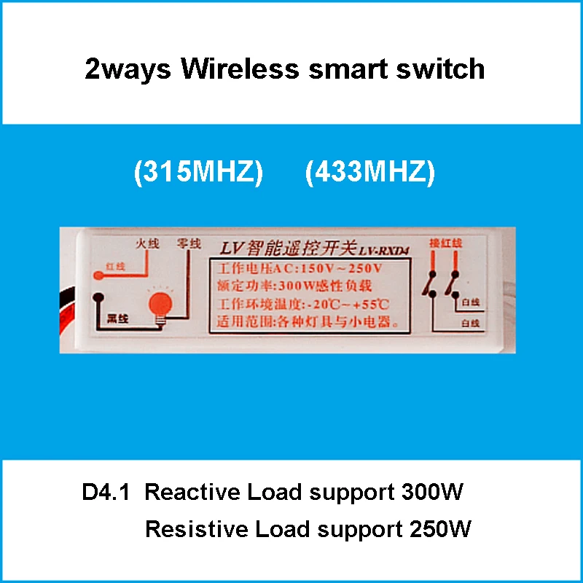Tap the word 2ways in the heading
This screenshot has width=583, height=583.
coord(128,69)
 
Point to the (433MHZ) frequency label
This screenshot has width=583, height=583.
coord(369,173)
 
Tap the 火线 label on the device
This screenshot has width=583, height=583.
coord(148,244)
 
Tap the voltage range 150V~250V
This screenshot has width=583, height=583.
coord(348,268)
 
